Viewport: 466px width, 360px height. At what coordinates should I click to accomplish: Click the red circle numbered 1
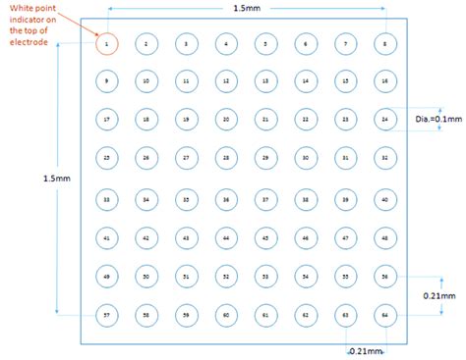pos(105,43)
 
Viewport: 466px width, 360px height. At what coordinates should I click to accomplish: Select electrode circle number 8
pos(384,43)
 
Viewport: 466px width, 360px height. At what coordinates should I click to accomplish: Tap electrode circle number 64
pos(384,315)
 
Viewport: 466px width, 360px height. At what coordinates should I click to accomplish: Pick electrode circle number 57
pos(105,315)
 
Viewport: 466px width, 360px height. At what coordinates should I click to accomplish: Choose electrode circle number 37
pos(264,198)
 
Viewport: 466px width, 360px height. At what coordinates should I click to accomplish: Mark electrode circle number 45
pos(264,237)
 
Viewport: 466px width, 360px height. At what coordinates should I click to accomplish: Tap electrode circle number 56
pos(384,277)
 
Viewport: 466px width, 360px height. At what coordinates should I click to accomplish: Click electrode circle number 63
pos(345,315)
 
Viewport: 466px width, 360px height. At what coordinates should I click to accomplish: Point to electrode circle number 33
pos(105,198)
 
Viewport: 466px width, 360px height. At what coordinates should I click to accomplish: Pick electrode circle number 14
pos(305,81)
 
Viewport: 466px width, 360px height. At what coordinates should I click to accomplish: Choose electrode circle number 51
pos(185,277)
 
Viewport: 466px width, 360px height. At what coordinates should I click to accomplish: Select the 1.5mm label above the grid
pos(248,9)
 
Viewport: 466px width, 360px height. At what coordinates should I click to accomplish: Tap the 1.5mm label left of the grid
pos(56,178)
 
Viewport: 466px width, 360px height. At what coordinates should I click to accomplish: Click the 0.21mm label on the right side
pos(441,295)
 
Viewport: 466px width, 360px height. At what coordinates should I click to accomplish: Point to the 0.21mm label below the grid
pos(366,349)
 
